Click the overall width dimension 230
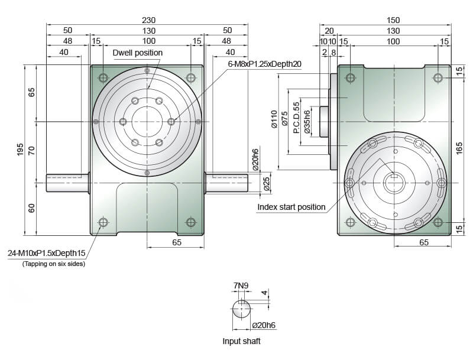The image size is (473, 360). pos(149,20)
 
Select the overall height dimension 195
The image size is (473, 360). pos(20,150)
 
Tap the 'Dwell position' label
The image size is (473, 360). pos(138,53)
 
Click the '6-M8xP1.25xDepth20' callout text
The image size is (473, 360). pos(264,64)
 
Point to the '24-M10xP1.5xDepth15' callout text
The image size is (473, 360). pos(47,253)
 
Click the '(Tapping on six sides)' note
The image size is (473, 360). pos(54,264)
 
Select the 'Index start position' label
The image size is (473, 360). pos(291,207)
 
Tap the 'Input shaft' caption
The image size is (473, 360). pos(241,341)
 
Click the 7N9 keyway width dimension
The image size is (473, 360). pos(241,286)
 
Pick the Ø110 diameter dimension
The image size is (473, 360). pos(274,119)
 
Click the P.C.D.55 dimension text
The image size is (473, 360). pos(297,118)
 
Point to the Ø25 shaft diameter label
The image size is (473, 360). pos(267,184)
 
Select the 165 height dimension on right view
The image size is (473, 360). pos(459,148)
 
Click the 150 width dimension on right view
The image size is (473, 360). pos(393,20)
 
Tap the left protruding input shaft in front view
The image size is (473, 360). pos(68,183)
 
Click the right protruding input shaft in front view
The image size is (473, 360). pos(226,183)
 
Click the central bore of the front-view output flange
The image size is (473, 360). pos(147,122)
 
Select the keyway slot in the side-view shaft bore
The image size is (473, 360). pos(394,176)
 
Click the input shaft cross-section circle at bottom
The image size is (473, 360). pos(241,309)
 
